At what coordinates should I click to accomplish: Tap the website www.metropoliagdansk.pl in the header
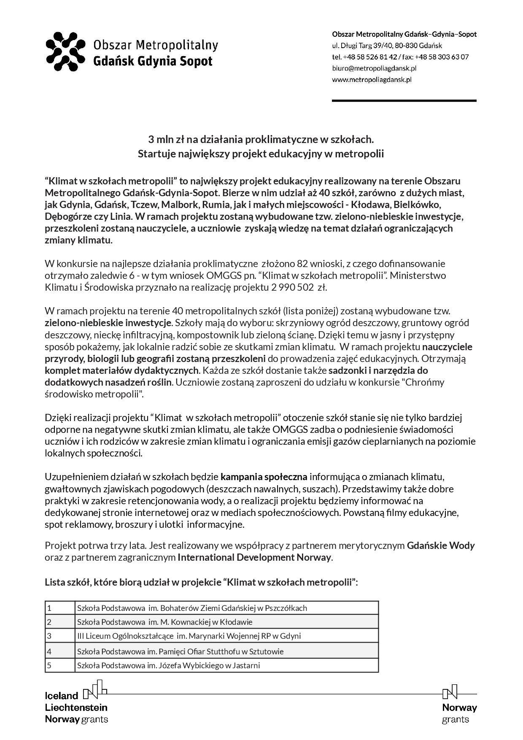coord(371,79)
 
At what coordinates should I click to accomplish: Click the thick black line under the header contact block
coord(404,101)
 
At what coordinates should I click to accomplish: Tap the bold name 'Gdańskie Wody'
coord(440,546)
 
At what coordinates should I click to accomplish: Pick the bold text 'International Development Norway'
coord(254,557)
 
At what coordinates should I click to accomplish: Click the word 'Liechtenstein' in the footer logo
coord(76,707)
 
